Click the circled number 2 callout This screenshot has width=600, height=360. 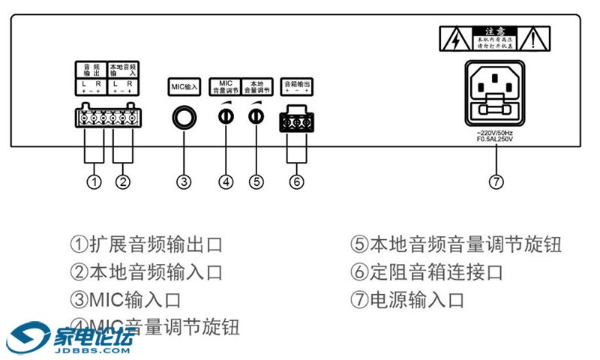tap(123, 181)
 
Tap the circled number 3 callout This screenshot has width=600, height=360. tap(184, 181)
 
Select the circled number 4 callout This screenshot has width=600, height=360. tap(226, 181)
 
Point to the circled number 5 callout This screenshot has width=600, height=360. tap(256, 181)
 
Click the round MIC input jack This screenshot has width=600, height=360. tap(184, 117)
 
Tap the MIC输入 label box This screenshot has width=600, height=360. tap(184, 86)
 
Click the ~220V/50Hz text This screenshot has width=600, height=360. tap(493, 133)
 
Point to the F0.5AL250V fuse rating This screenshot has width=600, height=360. tap(493, 139)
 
